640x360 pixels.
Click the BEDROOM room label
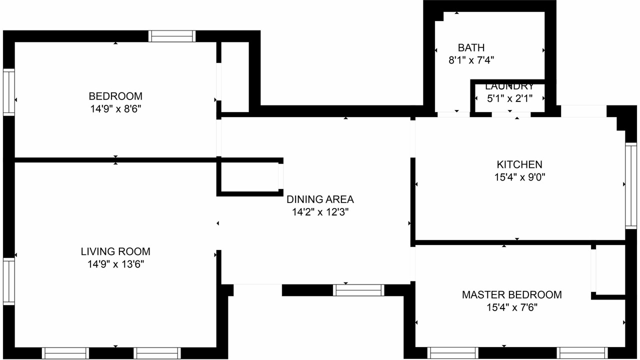point(115,96)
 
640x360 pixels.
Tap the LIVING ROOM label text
point(115,251)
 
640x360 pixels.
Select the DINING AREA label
point(320,199)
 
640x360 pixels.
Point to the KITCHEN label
point(519,164)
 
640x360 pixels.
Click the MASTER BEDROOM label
point(511,295)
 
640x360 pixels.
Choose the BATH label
point(471,47)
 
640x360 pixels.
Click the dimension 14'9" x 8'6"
point(115,109)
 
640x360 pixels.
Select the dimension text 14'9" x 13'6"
point(115,264)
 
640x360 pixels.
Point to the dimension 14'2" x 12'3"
point(320,212)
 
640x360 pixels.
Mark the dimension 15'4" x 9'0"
point(519,177)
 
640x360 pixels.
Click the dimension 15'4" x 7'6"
point(512,307)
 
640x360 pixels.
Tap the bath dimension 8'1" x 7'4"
point(471,60)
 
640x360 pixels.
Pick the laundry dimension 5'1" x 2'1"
point(509,98)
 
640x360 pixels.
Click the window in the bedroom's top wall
point(172,36)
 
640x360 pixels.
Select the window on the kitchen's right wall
point(631,185)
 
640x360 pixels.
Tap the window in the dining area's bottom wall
point(358,290)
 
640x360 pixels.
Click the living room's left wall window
point(9,281)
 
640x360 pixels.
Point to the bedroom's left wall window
point(9,92)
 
